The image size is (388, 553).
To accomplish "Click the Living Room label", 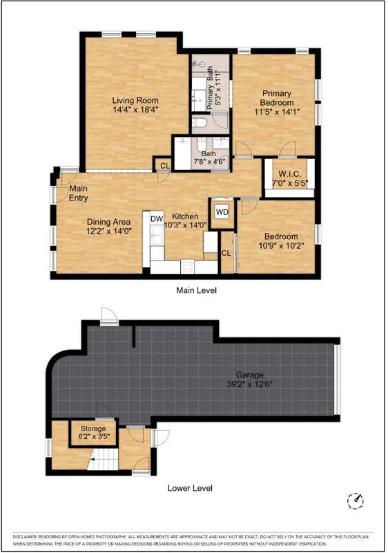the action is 135,100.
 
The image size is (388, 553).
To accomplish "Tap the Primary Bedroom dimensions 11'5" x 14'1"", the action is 277,112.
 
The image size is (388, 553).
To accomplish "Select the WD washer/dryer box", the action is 222,212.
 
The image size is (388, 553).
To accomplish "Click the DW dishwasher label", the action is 157,218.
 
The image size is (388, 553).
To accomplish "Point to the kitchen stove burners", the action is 187,267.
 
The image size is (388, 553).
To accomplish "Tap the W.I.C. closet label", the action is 290,174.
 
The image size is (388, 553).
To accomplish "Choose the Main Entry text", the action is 78,193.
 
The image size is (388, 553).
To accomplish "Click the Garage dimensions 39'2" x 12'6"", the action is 250,384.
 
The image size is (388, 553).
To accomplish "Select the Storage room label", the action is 93,429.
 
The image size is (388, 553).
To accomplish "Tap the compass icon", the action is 356,500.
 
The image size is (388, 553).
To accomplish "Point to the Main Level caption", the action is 196,290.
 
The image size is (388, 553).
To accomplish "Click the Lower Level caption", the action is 190,488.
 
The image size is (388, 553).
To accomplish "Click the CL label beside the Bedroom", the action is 226,253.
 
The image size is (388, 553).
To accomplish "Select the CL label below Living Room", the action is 165,165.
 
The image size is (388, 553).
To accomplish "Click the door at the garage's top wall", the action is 109,316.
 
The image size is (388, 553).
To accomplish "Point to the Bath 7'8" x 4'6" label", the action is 208,158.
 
